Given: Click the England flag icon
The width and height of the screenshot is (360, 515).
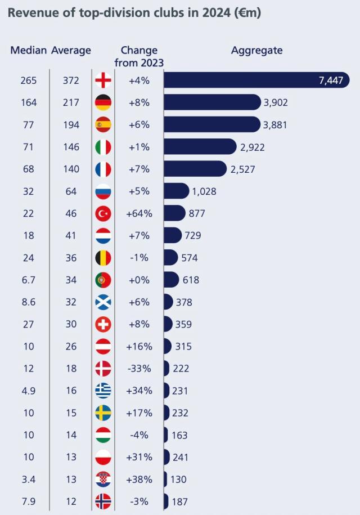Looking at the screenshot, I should point(103,80).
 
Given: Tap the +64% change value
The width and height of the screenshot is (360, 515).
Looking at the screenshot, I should point(139,213).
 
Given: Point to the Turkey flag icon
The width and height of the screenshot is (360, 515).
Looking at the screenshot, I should point(103,213).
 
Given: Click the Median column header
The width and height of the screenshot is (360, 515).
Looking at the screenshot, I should point(28,50).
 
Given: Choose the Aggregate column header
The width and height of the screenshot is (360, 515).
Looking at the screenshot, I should point(256,50).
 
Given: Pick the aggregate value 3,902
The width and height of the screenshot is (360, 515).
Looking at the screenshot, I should point(278,102).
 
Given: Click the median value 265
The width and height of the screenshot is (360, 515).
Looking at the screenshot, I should point(28,80).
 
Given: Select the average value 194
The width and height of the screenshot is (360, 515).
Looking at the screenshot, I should point(71,124).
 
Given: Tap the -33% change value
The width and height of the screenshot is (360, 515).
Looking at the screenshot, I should point(139,369).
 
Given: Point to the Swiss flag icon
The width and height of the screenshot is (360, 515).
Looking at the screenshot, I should point(103,324).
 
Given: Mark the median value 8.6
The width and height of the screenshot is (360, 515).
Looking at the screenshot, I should point(28,302).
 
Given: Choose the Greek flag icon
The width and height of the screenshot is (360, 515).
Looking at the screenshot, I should point(103,391).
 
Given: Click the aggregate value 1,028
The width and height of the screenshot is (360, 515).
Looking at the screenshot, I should point(204,191).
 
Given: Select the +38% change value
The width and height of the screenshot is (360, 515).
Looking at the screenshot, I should point(139,480).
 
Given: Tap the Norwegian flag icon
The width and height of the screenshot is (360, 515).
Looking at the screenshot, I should point(103,501).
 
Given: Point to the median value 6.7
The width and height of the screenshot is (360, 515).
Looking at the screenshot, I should point(28,280).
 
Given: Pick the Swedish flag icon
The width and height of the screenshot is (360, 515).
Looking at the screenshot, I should point(103,413).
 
